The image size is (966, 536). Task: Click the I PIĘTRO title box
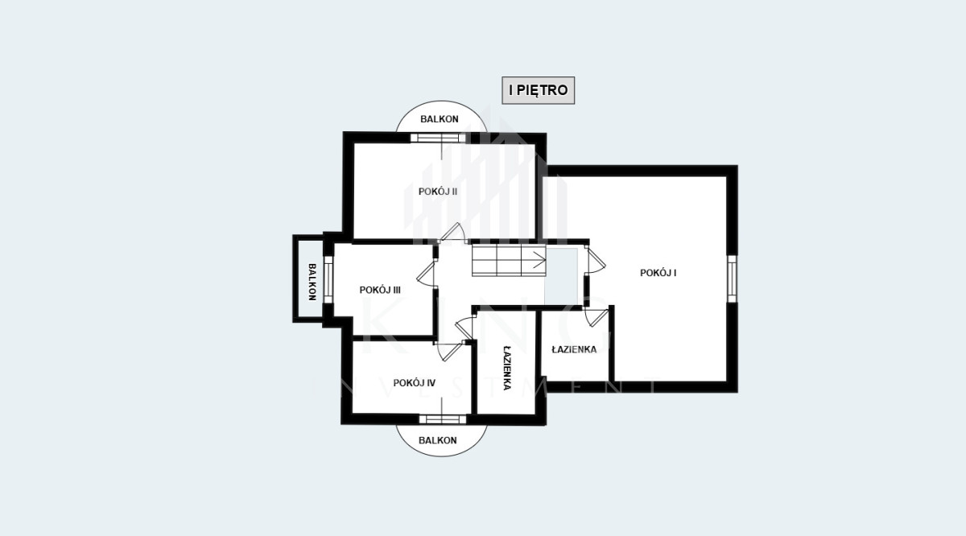coord(539,91)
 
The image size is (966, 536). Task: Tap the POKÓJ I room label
coord(658,273)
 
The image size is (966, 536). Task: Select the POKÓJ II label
coord(438,192)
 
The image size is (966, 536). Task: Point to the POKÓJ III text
coord(380,291)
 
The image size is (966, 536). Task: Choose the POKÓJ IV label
coord(415,383)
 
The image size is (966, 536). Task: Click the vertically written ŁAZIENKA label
coord(507,368)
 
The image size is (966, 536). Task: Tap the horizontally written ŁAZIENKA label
coord(574,350)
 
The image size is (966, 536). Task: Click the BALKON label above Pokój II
coord(440,119)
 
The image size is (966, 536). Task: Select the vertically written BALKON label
coord(312,282)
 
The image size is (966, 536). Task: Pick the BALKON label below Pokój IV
coord(438,440)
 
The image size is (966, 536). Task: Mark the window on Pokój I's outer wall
coord(732,278)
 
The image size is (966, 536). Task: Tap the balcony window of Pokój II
coord(438,138)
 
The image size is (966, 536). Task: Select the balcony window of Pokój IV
coord(443,419)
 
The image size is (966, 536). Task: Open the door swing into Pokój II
coord(452,233)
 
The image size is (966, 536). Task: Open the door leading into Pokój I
coord(595,260)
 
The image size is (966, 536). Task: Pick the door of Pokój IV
coord(450,351)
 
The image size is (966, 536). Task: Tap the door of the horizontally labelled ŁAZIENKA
coord(596,318)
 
